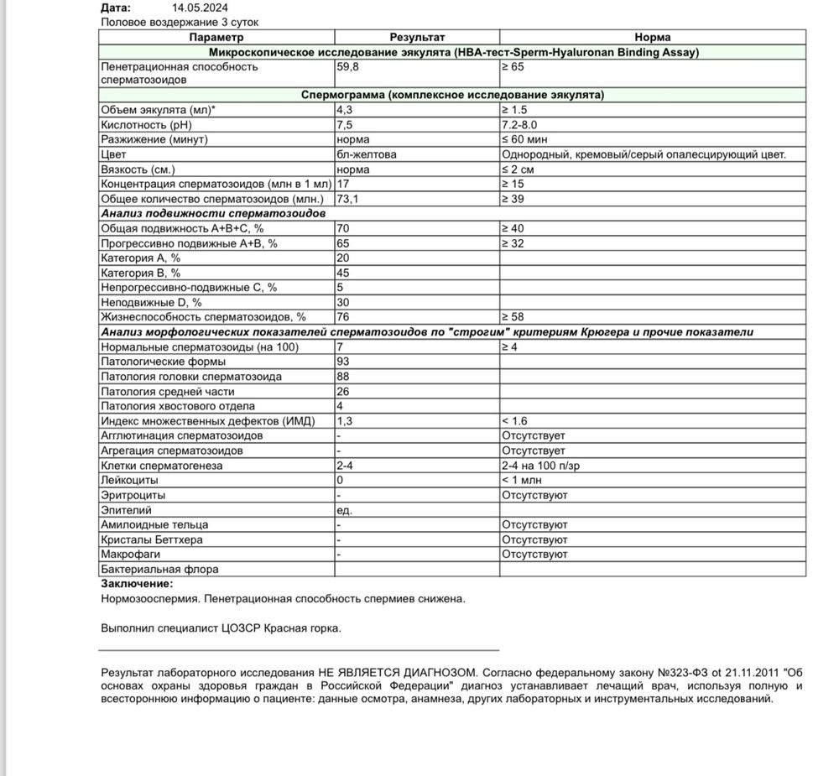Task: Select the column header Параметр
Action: click(216, 38)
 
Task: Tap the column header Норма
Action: click(652, 38)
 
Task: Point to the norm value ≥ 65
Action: click(514, 66)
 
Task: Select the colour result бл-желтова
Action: click(367, 155)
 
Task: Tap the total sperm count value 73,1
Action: click(348, 199)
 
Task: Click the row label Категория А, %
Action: click(140, 258)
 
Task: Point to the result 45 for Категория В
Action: click(342, 273)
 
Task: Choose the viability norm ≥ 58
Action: click(514, 317)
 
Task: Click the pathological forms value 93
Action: click(342, 362)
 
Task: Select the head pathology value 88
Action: click(342, 377)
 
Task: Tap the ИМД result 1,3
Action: click(344, 421)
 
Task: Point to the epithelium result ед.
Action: click(343, 510)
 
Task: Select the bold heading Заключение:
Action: click(137, 584)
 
